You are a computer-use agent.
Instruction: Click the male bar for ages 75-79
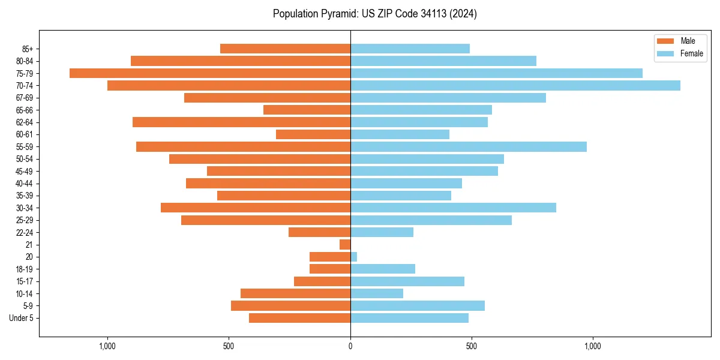[x=210, y=73]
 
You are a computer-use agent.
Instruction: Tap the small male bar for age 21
[x=345, y=245]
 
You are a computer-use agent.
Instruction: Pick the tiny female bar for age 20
[x=353, y=257]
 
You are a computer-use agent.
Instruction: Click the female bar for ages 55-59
[x=468, y=147]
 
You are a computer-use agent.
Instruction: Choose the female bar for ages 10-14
[x=377, y=293]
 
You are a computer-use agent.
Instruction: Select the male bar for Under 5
[x=299, y=318]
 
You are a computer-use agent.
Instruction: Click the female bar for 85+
[x=410, y=49]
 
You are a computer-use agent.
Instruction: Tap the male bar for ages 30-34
[x=256, y=208]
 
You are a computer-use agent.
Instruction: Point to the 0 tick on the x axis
[x=350, y=346]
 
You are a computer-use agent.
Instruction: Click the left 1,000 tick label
[x=107, y=346]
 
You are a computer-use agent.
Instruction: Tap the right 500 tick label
[x=472, y=346]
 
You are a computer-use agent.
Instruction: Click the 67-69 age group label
[x=25, y=98]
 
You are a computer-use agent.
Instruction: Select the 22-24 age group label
[x=25, y=233]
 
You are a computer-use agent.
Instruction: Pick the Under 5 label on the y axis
[x=21, y=318]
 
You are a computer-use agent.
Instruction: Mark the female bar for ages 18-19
[x=383, y=269]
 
